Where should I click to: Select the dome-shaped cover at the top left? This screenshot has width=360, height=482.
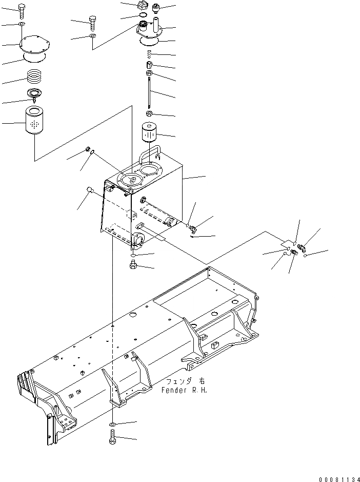pyautogui.click(x=33, y=45)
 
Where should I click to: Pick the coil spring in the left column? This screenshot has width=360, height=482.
pyautogui.click(x=34, y=78)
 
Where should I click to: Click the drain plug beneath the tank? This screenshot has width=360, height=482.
pyautogui.click(x=133, y=265)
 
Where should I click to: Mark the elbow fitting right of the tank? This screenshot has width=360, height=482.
pyautogui.click(x=191, y=226)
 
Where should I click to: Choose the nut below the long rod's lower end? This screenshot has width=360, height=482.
pyautogui.click(x=149, y=113)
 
